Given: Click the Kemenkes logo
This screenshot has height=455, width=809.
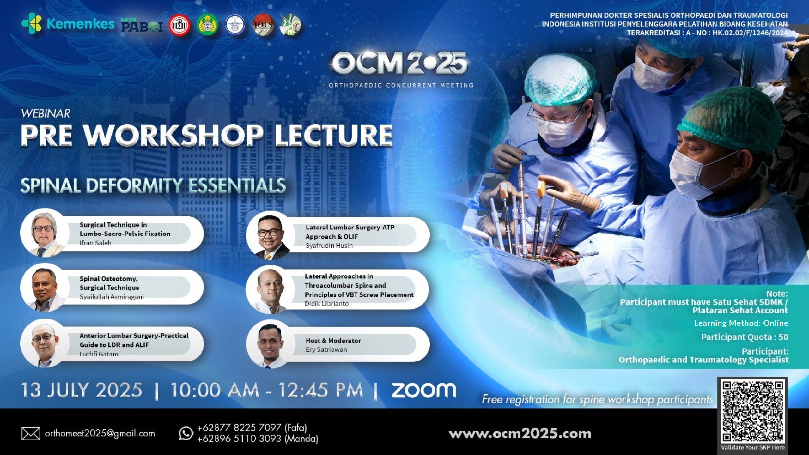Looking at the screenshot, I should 68,24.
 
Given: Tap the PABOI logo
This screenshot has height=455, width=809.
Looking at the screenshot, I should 142,25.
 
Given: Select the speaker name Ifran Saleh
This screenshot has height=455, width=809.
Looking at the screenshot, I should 95,243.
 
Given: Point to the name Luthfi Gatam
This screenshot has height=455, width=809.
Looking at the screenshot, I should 99,354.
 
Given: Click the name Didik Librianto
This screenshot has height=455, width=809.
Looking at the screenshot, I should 327,304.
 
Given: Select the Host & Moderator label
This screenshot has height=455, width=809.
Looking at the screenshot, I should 333,341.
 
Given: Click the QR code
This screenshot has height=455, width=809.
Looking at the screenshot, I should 752,411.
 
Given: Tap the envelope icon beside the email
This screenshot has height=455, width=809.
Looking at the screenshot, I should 31,434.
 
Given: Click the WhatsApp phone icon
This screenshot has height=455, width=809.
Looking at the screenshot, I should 186,433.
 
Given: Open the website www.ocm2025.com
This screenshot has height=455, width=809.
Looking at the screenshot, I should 520,434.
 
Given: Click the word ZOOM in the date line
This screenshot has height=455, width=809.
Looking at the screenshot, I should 424,391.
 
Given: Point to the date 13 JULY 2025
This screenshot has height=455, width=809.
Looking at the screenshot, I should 82,391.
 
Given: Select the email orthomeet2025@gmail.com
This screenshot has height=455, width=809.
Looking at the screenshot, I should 100,434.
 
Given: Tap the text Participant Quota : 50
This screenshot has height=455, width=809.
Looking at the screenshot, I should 745,337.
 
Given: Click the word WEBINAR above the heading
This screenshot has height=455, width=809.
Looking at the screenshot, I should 46,113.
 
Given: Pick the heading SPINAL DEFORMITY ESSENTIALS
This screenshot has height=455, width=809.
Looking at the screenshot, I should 153,185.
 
